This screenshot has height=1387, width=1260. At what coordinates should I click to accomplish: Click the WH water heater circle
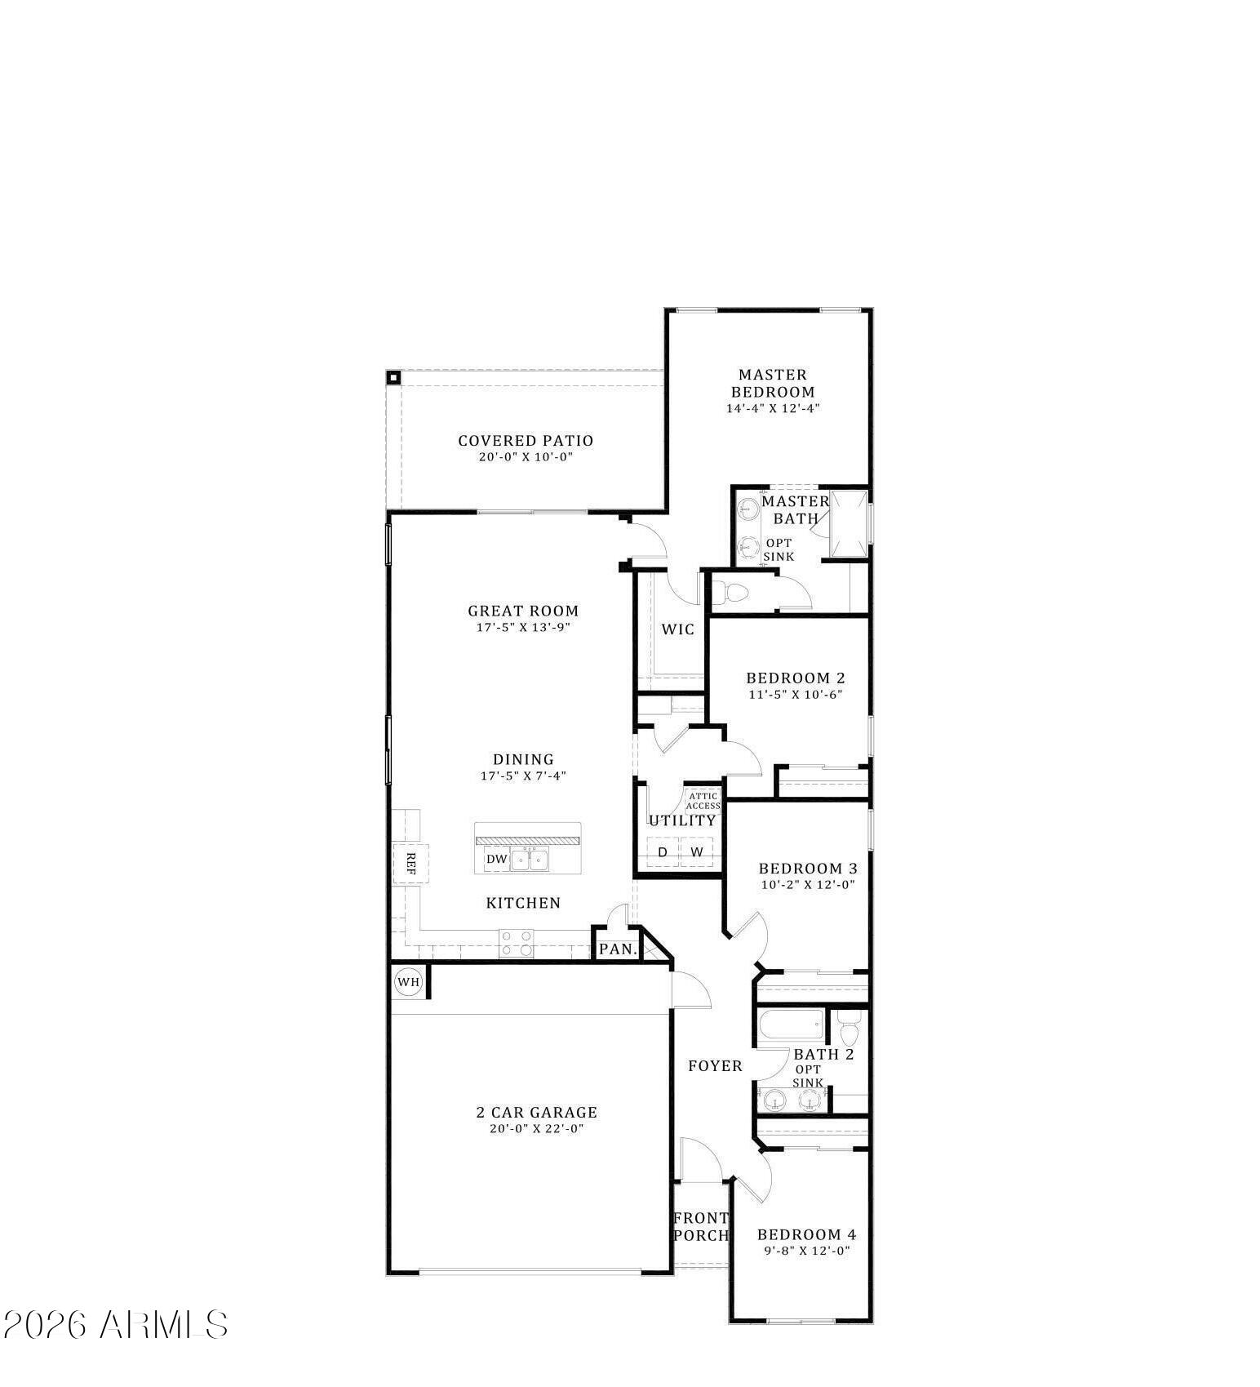point(408,981)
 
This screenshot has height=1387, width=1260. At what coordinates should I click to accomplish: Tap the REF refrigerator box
point(410,864)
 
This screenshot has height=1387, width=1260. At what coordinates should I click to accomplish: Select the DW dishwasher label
point(496,859)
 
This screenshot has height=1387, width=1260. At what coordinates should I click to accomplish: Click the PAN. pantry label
point(618,949)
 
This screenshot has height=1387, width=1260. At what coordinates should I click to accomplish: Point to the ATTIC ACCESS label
point(703,801)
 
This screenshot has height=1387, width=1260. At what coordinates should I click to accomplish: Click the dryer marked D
point(663,852)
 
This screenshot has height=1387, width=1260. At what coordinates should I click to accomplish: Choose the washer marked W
point(697,852)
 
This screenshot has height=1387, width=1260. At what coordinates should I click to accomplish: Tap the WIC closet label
point(678,629)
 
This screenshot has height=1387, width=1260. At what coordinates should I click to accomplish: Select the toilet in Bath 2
point(850,1029)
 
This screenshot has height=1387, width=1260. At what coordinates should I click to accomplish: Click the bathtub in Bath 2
point(791,1025)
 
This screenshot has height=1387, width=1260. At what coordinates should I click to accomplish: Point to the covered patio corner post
point(393,377)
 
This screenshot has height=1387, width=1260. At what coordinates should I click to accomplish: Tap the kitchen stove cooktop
point(516,943)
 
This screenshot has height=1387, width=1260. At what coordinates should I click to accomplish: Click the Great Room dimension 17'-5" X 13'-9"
point(523,628)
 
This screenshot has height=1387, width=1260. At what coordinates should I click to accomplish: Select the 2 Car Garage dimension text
point(536,1129)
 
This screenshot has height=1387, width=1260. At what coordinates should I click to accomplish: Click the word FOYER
point(715,1066)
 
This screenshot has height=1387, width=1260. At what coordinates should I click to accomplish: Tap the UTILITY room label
point(682,820)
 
